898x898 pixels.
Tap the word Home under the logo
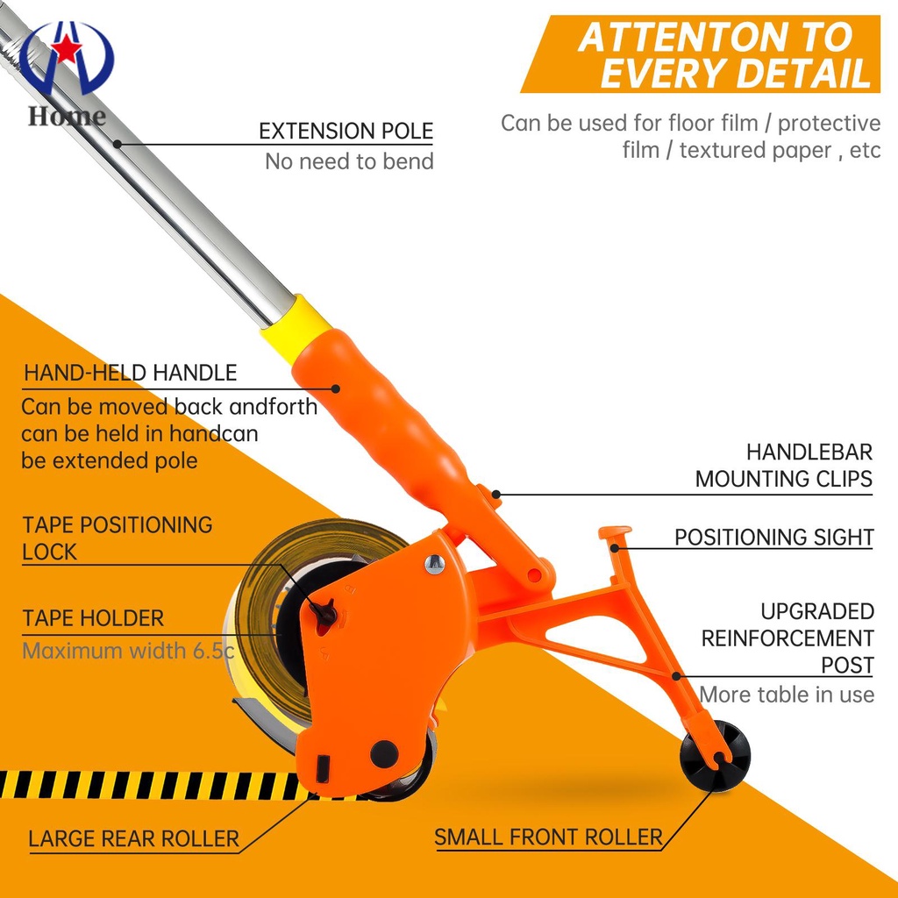click(67, 115)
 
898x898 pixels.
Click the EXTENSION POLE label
click(346, 132)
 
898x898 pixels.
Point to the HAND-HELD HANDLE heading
click(130, 373)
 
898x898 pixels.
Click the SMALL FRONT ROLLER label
click(548, 837)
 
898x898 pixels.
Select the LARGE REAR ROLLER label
click(133, 838)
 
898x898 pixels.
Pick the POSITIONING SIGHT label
click(773, 537)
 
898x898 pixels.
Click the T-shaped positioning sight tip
click(616, 533)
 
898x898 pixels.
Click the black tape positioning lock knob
click(324, 611)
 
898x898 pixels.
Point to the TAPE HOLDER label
click(93, 618)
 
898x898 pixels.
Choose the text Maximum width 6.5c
click(128, 651)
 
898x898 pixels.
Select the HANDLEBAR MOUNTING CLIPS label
click(783, 466)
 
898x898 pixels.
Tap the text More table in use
click(786, 695)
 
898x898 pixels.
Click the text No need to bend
click(349, 161)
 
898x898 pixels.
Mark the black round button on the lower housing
click(383, 752)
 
